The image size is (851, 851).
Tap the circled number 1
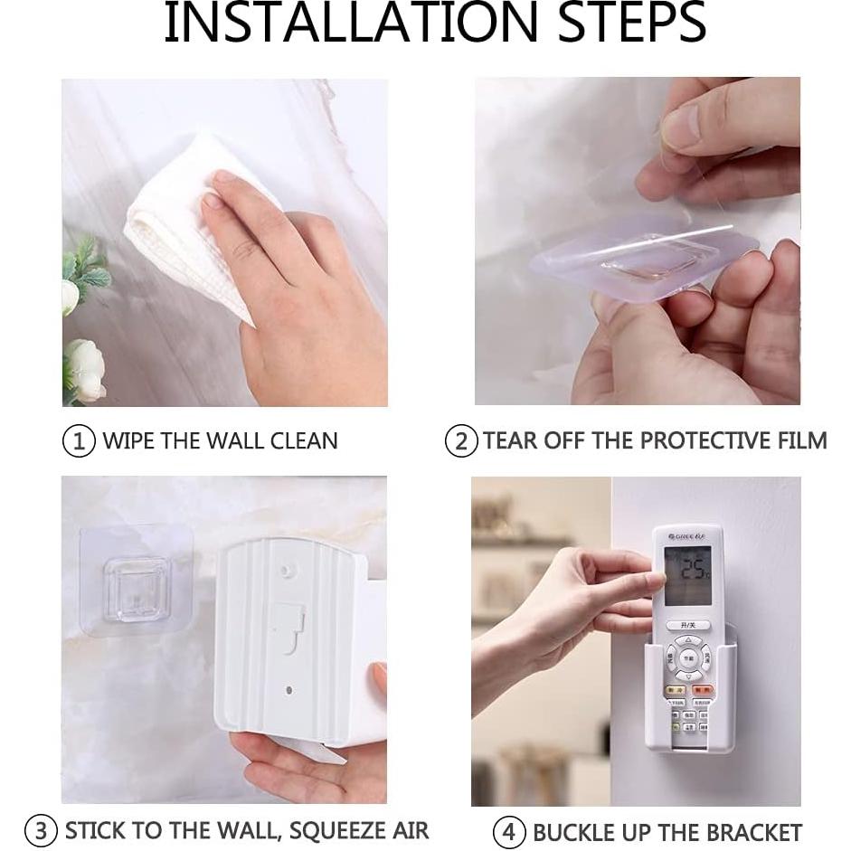tap(79, 441)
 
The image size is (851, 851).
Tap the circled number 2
tap(461, 441)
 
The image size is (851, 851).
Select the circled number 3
tap(41, 831)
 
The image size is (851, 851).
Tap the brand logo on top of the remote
tap(687, 537)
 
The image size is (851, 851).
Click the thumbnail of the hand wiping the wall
tap(224, 242)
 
